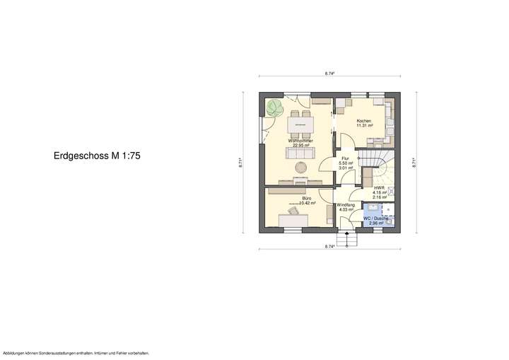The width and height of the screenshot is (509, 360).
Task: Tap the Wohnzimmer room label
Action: point(300,141)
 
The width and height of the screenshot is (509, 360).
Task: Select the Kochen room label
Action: point(364,122)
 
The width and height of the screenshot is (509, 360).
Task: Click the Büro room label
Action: point(306,199)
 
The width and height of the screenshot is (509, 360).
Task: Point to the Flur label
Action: point(346,158)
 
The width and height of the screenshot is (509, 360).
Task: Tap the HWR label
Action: point(378,188)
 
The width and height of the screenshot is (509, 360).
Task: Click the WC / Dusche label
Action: point(375,219)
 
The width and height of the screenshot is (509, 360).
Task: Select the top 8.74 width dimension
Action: point(329,73)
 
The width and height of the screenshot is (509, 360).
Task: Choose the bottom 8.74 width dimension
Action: point(329,246)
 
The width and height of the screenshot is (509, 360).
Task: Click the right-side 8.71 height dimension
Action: point(414,161)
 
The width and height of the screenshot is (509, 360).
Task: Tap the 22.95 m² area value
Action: point(300,146)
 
